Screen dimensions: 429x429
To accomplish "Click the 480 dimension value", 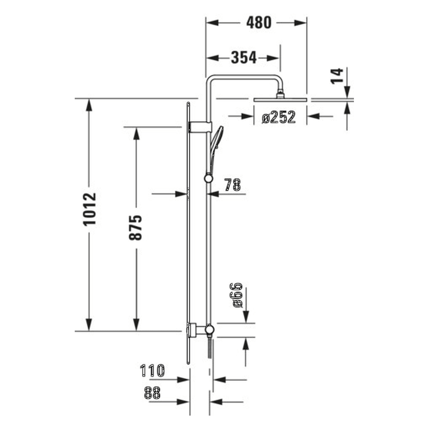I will [x=258, y=23].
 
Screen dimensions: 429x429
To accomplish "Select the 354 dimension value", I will [x=244, y=58].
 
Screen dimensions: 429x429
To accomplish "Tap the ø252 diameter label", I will [x=279, y=117].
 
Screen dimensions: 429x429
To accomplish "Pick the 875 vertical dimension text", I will [x=136, y=228].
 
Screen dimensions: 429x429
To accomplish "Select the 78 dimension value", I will [x=232, y=185].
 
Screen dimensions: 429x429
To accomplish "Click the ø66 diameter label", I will [x=237, y=295].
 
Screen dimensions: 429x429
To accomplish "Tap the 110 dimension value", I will [x=152, y=371].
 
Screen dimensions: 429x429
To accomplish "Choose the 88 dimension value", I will [x=152, y=393].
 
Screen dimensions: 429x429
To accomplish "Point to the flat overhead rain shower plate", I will [x=280, y=100].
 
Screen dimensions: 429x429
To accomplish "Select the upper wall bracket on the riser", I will [x=202, y=127].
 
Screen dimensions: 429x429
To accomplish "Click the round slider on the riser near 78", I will [x=208, y=178].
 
